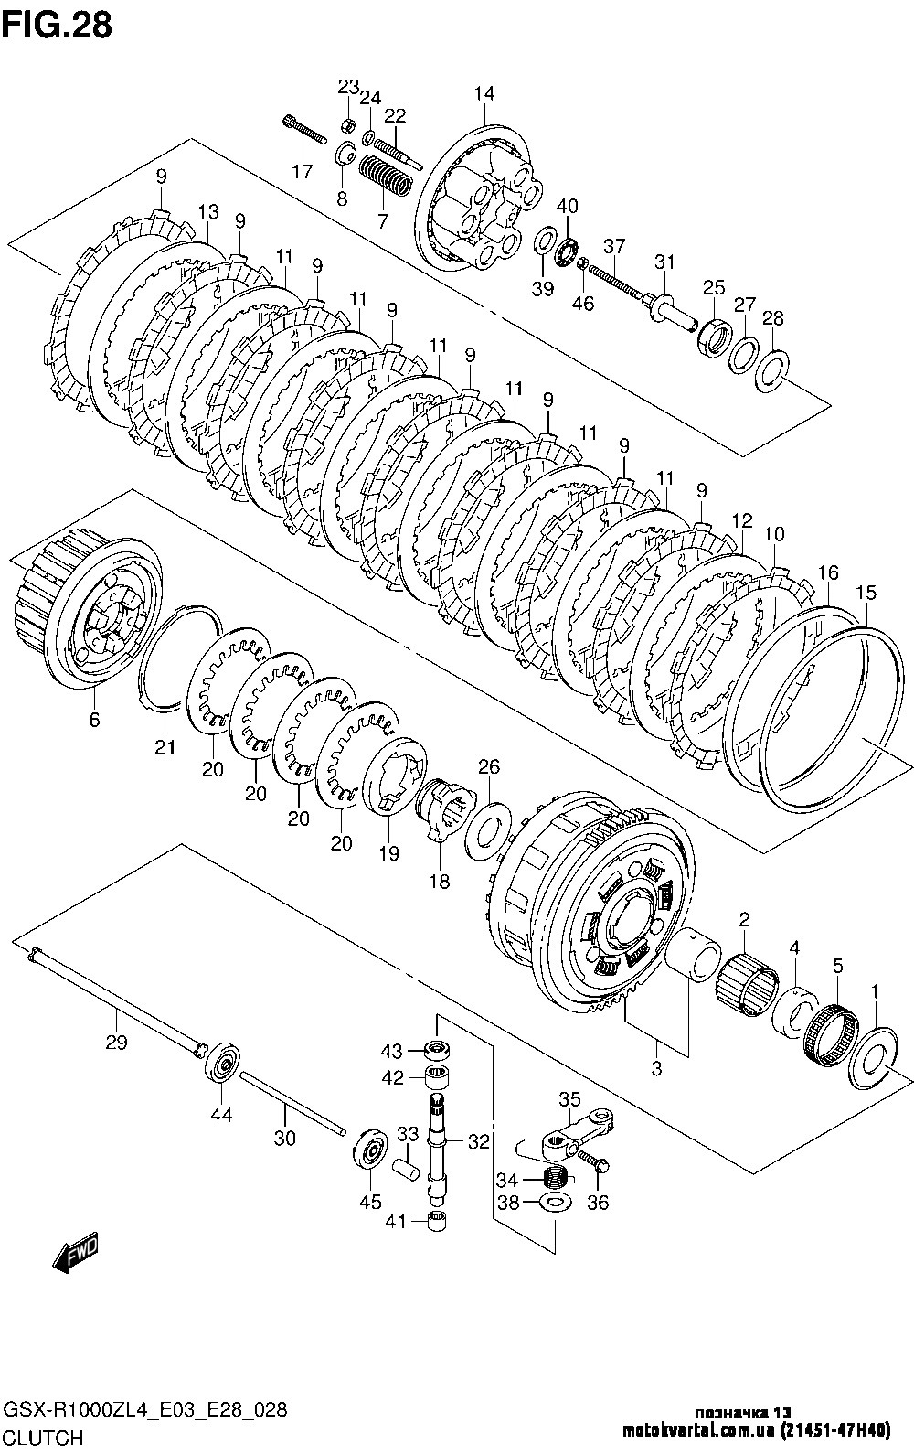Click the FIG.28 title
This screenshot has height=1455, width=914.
click(x=57, y=25)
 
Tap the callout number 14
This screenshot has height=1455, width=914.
click(x=484, y=93)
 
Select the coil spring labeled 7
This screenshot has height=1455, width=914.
click(x=386, y=176)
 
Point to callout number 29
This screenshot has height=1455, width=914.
click(x=117, y=1042)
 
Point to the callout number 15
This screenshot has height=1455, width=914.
click(x=866, y=593)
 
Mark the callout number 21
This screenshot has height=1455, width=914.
click(x=165, y=748)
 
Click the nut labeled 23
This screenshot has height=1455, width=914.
click(x=347, y=124)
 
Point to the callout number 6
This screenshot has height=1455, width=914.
click(x=95, y=719)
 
